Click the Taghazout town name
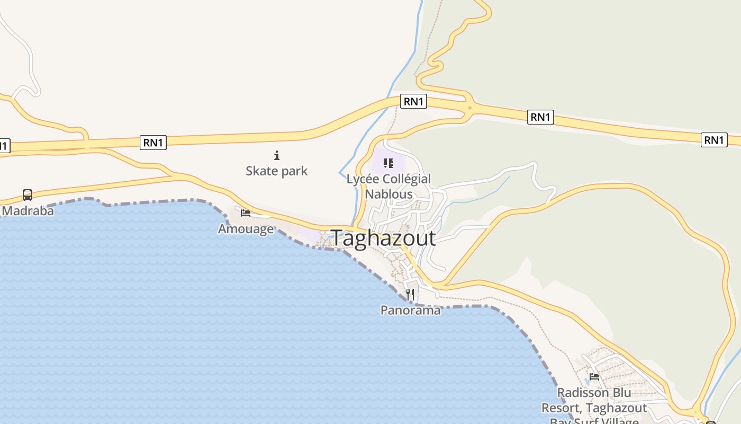(x=383, y=238)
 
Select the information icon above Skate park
(x=276, y=155)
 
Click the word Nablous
(x=388, y=194)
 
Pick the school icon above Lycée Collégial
(x=388, y=163)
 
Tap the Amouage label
(x=246, y=229)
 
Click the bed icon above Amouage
(x=246, y=213)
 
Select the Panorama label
(x=410, y=310)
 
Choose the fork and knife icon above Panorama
(x=410, y=294)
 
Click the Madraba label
(x=28, y=211)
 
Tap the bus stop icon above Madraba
(x=28, y=195)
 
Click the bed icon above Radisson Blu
(x=594, y=377)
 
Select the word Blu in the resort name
(x=622, y=393)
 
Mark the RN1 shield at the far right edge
(x=713, y=140)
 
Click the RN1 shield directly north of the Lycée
(x=413, y=101)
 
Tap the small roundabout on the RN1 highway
(x=469, y=108)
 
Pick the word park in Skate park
(x=294, y=171)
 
